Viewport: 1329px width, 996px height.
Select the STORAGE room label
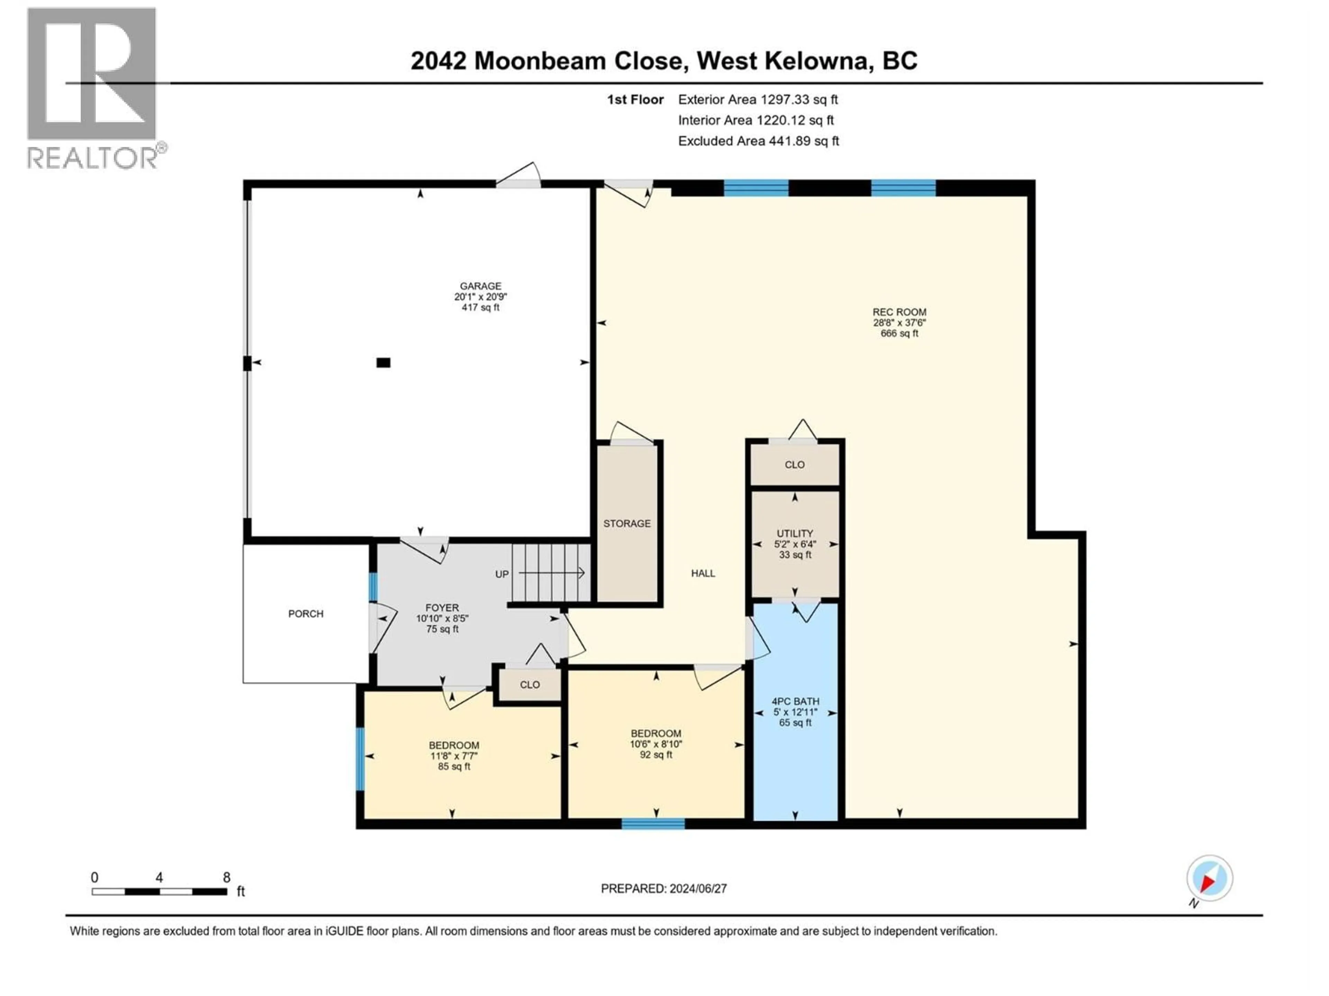point(627,524)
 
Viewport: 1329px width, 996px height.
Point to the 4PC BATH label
point(795,701)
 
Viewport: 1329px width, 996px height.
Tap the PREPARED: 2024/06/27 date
point(663,888)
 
